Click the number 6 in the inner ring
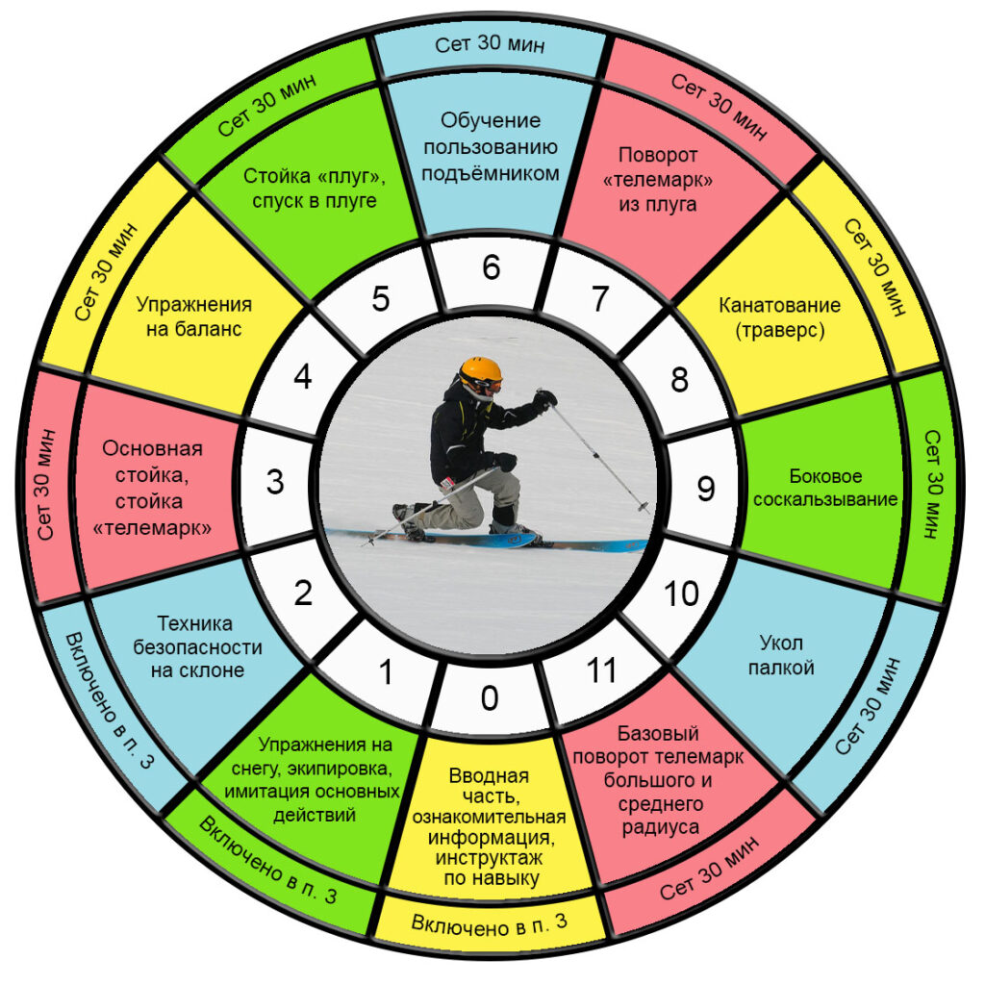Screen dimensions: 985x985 click(x=492, y=267)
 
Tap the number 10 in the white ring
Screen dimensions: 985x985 click(x=681, y=593)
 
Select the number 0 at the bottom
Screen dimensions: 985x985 click(x=490, y=698)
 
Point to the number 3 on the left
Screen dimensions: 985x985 click(x=275, y=482)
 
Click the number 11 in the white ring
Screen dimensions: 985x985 click(x=601, y=669)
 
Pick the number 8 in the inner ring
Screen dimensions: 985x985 click(x=679, y=379)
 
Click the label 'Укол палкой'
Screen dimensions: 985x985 click(x=781, y=654)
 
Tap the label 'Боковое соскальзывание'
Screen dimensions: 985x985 click(x=824, y=488)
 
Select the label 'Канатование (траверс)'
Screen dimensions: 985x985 click(x=779, y=317)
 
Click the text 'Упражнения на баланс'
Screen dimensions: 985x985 click(x=194, y=316)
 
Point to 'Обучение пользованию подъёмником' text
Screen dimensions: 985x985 click(x=490, y=146)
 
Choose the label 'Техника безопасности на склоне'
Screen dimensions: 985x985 click(x=197, y=646)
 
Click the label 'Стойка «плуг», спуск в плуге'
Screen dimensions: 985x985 click(x=315, y=188)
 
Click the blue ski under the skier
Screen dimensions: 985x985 click(x=490, y=539)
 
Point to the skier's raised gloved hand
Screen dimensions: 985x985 click(x=544, y=399)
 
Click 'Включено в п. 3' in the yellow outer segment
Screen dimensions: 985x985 click(x=490, y=923)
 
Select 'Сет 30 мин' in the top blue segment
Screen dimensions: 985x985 click(x=490, y=44)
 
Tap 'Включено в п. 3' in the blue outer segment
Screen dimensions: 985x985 click(x=110, y=700)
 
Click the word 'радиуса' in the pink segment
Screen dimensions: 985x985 click(x=660, y=827)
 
